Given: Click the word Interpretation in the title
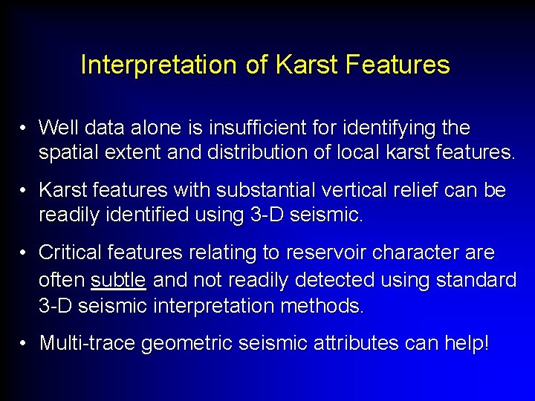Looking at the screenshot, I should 159,65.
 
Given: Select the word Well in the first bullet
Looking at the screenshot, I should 57,128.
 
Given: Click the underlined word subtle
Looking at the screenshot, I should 118,280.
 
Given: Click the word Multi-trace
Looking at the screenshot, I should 87,344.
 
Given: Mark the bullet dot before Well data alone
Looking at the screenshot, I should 25,128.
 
